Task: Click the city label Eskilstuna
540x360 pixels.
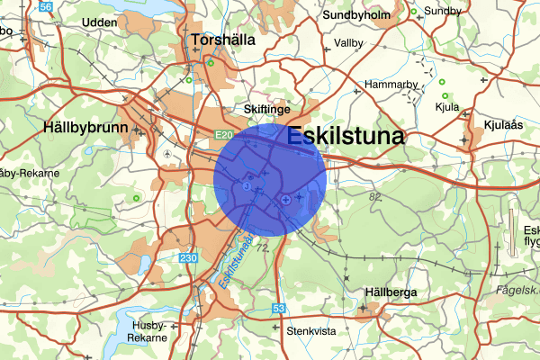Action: [x=346, y=137]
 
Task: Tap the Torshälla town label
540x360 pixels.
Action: [x=223, y=40]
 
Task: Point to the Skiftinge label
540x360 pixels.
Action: [x=267, y=108]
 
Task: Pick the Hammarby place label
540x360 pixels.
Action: [x=389, y=85]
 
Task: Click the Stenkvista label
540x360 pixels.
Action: [x=310, y=330]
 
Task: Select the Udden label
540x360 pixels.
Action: [x=99, y=21]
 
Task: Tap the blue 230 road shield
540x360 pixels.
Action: [x=187, y=259]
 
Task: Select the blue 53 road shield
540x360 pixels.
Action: [x=279, y=309]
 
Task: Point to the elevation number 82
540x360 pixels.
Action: [x=375, y=196]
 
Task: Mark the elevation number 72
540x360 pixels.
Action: [x=263, y=246]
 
